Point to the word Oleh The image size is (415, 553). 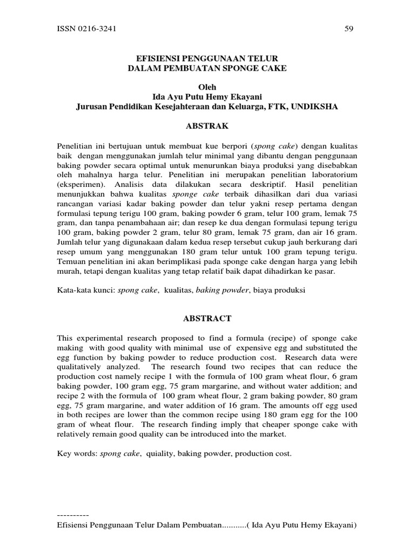pos(207,87)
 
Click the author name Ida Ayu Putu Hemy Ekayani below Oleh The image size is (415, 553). pos(207,97)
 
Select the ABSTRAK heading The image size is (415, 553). pos(207,126)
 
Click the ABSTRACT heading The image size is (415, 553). pos(207,319)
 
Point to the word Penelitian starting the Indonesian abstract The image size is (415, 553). pos(75,146)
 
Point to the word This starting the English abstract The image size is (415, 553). pos(65,338)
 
